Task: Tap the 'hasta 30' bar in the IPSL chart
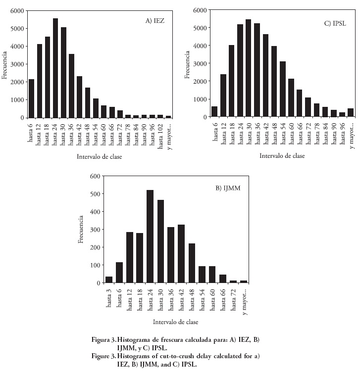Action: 248,68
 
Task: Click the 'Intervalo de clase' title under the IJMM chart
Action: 176,322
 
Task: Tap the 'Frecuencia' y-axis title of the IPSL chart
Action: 188,64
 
